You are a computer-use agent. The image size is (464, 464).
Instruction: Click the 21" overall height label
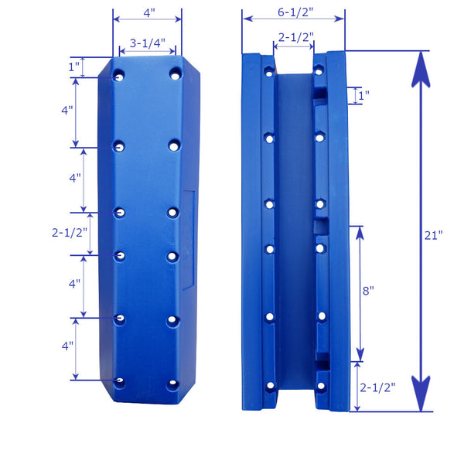tap(434, 234)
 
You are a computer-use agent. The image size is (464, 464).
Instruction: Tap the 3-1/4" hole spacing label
tap(147, 44)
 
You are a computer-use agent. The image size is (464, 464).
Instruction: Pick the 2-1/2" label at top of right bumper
tap(294, 37)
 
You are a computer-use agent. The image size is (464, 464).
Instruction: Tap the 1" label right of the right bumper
tap(363, 95)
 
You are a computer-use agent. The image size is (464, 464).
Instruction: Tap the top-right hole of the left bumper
tap(175, 75)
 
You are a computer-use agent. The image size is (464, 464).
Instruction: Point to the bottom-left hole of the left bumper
tap(118, 381)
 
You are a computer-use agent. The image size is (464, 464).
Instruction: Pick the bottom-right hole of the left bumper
tap(174, 381)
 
